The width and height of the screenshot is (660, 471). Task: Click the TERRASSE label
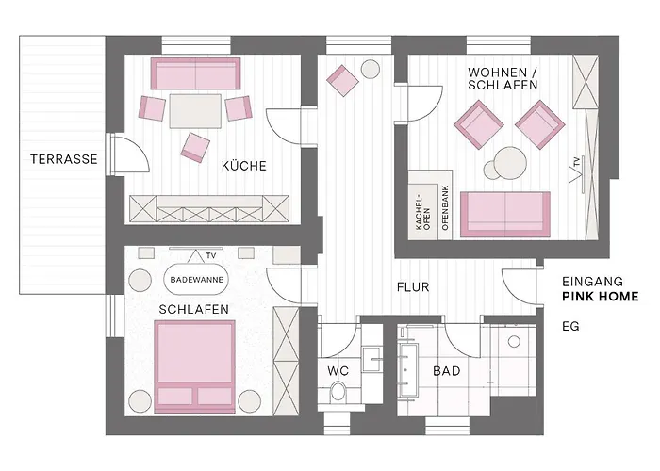point(63,159)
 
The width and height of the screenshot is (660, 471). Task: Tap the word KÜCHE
point(243,166)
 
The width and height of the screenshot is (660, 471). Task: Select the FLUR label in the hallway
point(413,289)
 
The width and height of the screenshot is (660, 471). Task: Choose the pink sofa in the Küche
point(198,73)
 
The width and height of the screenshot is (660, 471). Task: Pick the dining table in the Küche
point(195,110)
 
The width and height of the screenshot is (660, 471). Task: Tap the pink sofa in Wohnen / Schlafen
point(509,212)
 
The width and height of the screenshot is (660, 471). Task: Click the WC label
point(338,371)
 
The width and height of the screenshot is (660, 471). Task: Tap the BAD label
point(446,371)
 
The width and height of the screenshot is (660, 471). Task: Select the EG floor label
point(569,327)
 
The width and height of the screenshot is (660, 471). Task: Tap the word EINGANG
point(593,281)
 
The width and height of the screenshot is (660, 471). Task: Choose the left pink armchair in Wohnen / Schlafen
point(477,122)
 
